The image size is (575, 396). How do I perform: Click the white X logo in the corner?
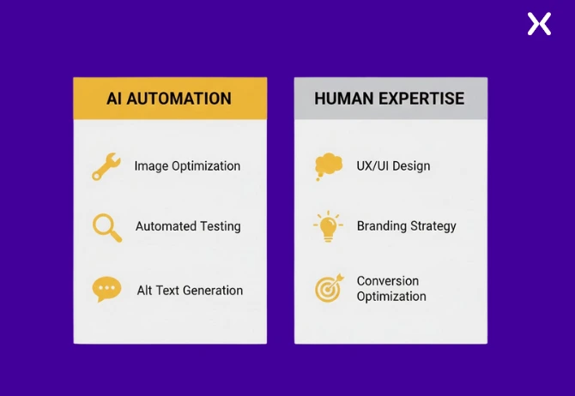pyautogui.click(x=539, y=23)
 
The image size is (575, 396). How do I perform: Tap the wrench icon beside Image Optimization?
pyautogui.click(x=106, y=166)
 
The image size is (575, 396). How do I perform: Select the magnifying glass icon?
pyautogui.click(x=106, y=227)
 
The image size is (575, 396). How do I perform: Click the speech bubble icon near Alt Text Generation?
pyautogui.click(x=106, y=290)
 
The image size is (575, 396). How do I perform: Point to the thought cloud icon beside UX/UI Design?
pyautogui.click(x=328, y=165)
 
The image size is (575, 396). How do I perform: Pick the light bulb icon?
pyautogui.click(x=328, y=226)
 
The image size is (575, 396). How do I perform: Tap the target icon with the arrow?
pyautogui.click(x=328, y=289)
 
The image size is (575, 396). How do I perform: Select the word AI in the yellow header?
pyautogui.click(x=114, y=99)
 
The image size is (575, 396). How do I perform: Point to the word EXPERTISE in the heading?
pyautogui.click(x=421, y=99)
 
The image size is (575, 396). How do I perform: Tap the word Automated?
pyautogui.click(x=166, y=227)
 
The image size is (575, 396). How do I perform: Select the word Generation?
pyautogui.click(x=212, y=291)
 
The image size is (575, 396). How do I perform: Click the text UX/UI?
pyautogui.click(x=373, y=165)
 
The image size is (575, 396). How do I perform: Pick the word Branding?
pyautogui.click(x=383, y=227)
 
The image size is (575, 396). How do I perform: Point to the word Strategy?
pyautogui.click(x=434, y=227)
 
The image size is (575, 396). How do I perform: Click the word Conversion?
pyautogui.click(x=388, y=281)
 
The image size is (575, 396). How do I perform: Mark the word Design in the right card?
pyautogui.click(x=412, y=165)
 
